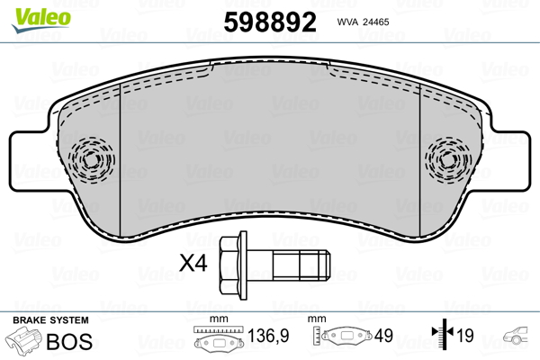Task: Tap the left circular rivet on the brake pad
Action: click(90, 159)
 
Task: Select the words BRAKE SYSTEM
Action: click(50, 320)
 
